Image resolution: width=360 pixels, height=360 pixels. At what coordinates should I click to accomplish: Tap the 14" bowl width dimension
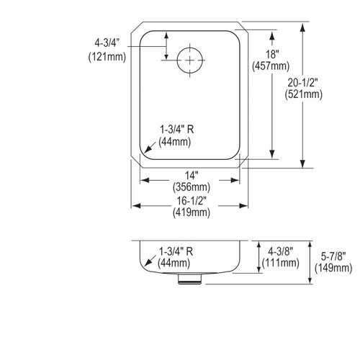click(192, 175)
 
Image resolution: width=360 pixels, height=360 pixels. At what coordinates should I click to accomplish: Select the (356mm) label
click(192, 187)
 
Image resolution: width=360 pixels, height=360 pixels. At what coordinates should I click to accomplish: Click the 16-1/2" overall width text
click(192, 201)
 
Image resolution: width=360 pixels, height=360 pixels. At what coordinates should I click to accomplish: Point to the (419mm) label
click(192, 213)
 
